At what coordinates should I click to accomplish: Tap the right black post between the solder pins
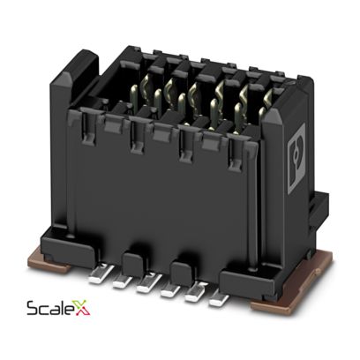180,268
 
